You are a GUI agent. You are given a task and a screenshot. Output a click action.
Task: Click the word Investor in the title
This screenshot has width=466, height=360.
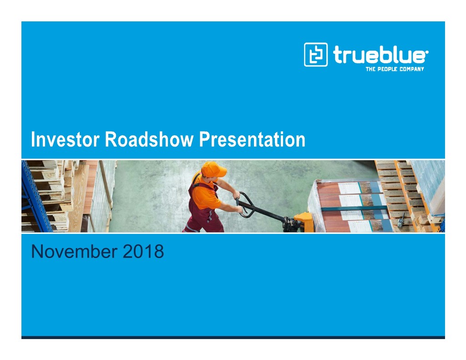pos(65,139)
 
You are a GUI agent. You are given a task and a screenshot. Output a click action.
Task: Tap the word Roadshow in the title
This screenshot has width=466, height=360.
pos(149,139)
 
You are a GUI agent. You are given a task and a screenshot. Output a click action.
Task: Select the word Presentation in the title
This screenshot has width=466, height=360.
pos(252,139)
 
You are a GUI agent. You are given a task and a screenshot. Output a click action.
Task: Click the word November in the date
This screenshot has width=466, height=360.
pos(74,252)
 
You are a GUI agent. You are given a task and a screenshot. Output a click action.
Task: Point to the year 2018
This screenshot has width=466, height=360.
pos(143,252)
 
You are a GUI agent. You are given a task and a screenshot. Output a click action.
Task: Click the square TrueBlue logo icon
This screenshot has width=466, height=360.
pos(316,55)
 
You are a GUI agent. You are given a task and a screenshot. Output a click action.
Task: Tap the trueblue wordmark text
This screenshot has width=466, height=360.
pos(380,55)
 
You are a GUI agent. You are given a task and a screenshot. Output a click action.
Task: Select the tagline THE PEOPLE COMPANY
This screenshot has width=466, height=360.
pos(395,69)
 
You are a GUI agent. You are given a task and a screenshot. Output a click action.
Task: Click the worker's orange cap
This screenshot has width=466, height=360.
pos(213,169)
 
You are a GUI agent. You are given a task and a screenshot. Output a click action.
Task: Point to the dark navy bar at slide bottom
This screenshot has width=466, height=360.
pos(233,337)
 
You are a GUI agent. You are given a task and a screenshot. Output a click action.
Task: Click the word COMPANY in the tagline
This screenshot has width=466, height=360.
pos(411,69)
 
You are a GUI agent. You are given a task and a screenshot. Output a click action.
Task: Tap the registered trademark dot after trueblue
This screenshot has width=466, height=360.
pos(427,52)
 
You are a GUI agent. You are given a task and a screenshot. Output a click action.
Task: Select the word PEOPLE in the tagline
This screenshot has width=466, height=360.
pos(388,69)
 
